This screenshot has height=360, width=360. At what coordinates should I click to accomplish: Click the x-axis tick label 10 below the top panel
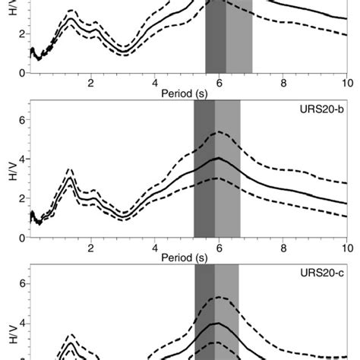(x=346, y=84)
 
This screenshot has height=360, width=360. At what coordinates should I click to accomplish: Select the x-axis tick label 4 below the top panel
(x=155, y=84)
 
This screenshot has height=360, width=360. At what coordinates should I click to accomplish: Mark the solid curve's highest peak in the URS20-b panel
(x=219, y=158)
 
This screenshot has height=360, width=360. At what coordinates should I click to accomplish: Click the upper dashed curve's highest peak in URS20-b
(x=218, y=132)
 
